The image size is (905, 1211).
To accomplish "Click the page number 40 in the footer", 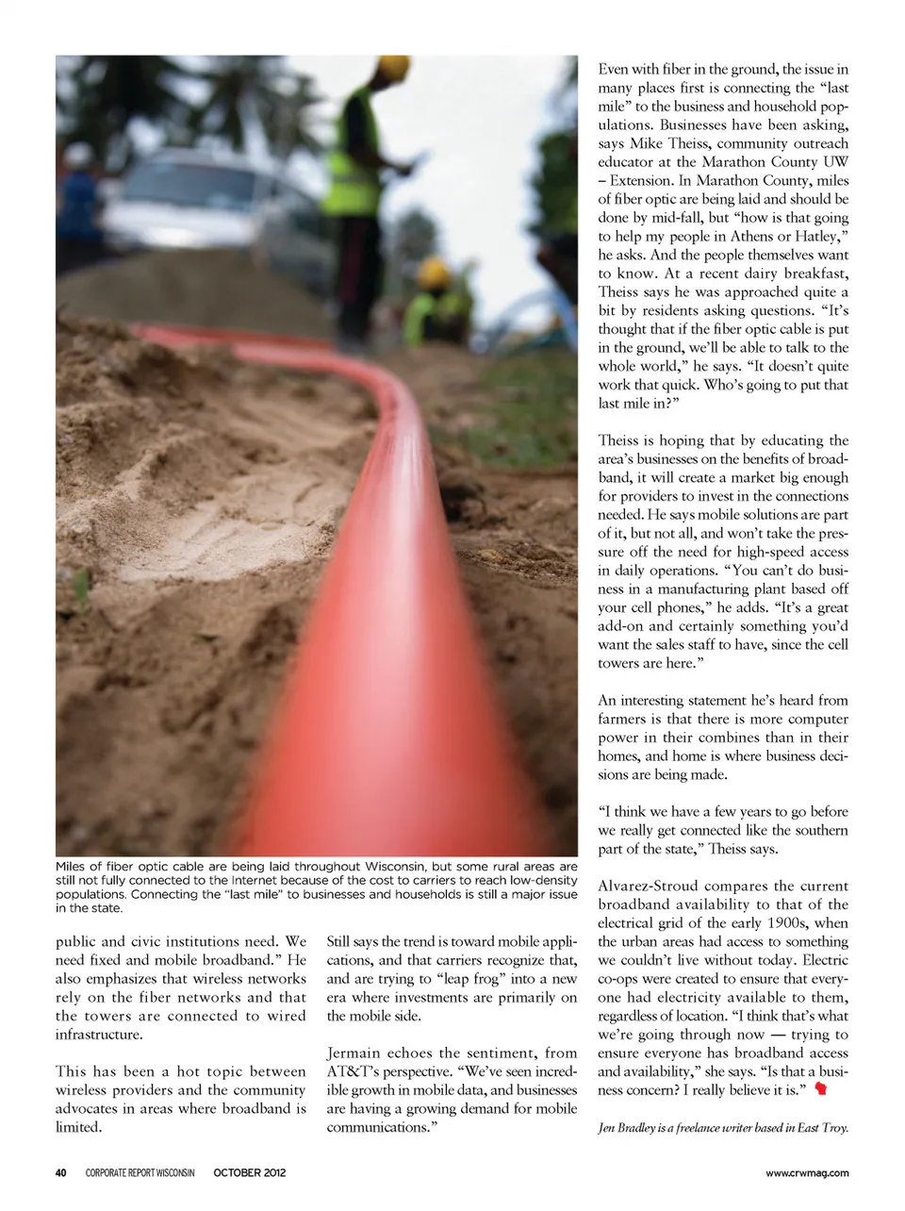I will click(60, 1172).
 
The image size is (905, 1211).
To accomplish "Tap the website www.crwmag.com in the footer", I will click(807, 1172).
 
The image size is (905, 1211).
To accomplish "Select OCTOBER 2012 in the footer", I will click(249, 1172).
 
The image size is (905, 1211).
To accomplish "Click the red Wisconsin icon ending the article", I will click(821, 1089).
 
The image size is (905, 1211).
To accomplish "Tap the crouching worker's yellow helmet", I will click(433, 274).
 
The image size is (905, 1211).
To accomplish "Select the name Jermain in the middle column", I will click(354, 1053).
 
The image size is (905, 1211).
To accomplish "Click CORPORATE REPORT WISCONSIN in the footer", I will click(140, 1172).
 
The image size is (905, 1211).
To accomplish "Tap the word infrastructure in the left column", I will click(99, 1034).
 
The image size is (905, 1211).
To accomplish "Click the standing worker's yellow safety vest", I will click(352, 160).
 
